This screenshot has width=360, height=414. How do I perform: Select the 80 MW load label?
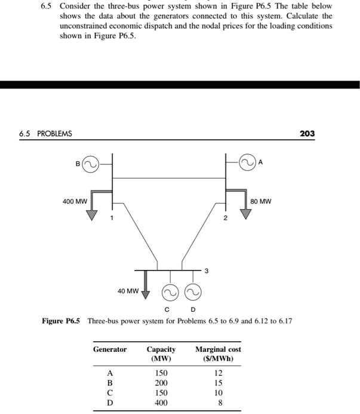click(x=261, y=201)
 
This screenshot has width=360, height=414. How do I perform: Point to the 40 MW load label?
click(x=128, y=291)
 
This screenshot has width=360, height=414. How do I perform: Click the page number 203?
click(x=307, y=133)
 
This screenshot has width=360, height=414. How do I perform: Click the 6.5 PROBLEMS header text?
click(x=45, y=133)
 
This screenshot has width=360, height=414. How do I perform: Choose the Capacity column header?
click(x=161, y=354)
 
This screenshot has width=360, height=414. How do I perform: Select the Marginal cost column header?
click(x=218, y=354)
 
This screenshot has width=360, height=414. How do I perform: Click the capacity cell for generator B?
click(x=161, y=382)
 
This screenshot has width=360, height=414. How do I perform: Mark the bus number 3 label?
click(x=207, y=272)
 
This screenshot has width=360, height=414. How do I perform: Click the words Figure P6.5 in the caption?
click(x=61, y=321)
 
